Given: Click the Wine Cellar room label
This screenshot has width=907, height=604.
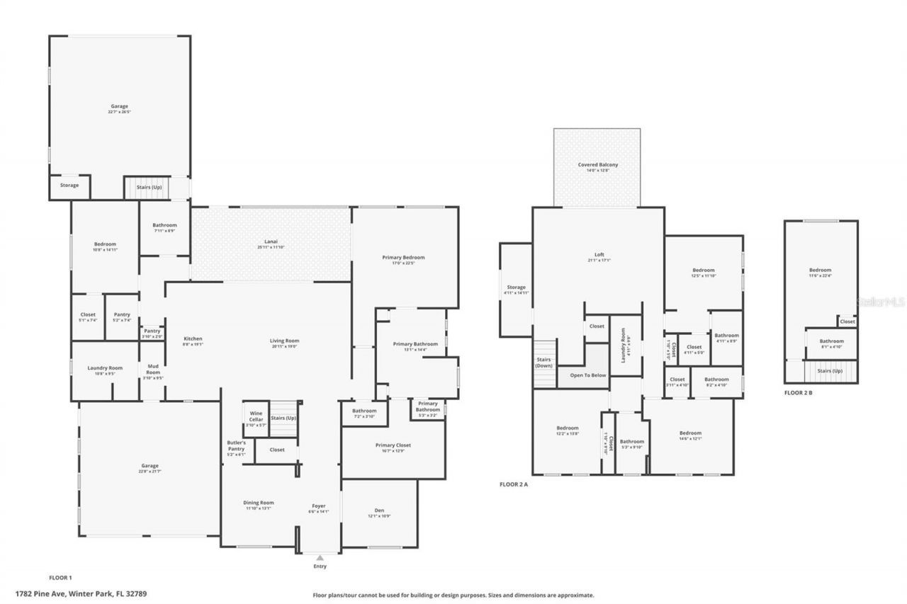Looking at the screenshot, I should [x=256, y=416].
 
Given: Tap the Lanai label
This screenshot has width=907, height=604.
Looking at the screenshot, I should [x=270, y=242].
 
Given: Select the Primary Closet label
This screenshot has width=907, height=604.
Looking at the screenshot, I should [x=393, y=445].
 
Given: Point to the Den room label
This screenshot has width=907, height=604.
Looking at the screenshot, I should [x=379, y=510].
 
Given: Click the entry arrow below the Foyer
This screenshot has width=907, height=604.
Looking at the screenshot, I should [x=320, y=557].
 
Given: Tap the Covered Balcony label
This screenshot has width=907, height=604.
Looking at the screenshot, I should [x=597, y=164].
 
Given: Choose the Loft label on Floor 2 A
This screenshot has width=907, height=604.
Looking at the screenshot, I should [x=599, y=255].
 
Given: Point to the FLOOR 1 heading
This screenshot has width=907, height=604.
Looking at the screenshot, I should [x=60, y=578].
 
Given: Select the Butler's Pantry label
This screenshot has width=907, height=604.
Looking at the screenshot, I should [x=236, y=445].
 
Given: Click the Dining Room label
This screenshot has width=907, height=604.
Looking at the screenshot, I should [x=259, y=503].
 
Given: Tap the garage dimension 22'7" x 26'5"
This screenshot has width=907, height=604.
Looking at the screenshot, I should [x=119, y=112].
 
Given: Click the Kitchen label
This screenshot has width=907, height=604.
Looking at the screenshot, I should [x=193, y=338].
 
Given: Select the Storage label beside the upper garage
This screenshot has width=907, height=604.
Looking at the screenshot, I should [x=69, y=186].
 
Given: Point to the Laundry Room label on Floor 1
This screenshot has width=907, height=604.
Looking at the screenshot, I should [x=105, y=367].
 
